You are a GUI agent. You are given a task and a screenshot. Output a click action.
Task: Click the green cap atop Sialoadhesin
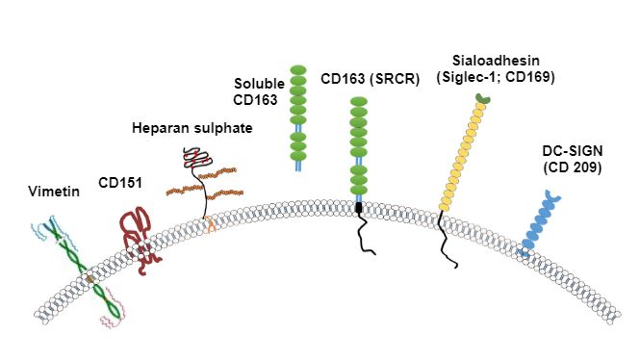pos(482,97)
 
